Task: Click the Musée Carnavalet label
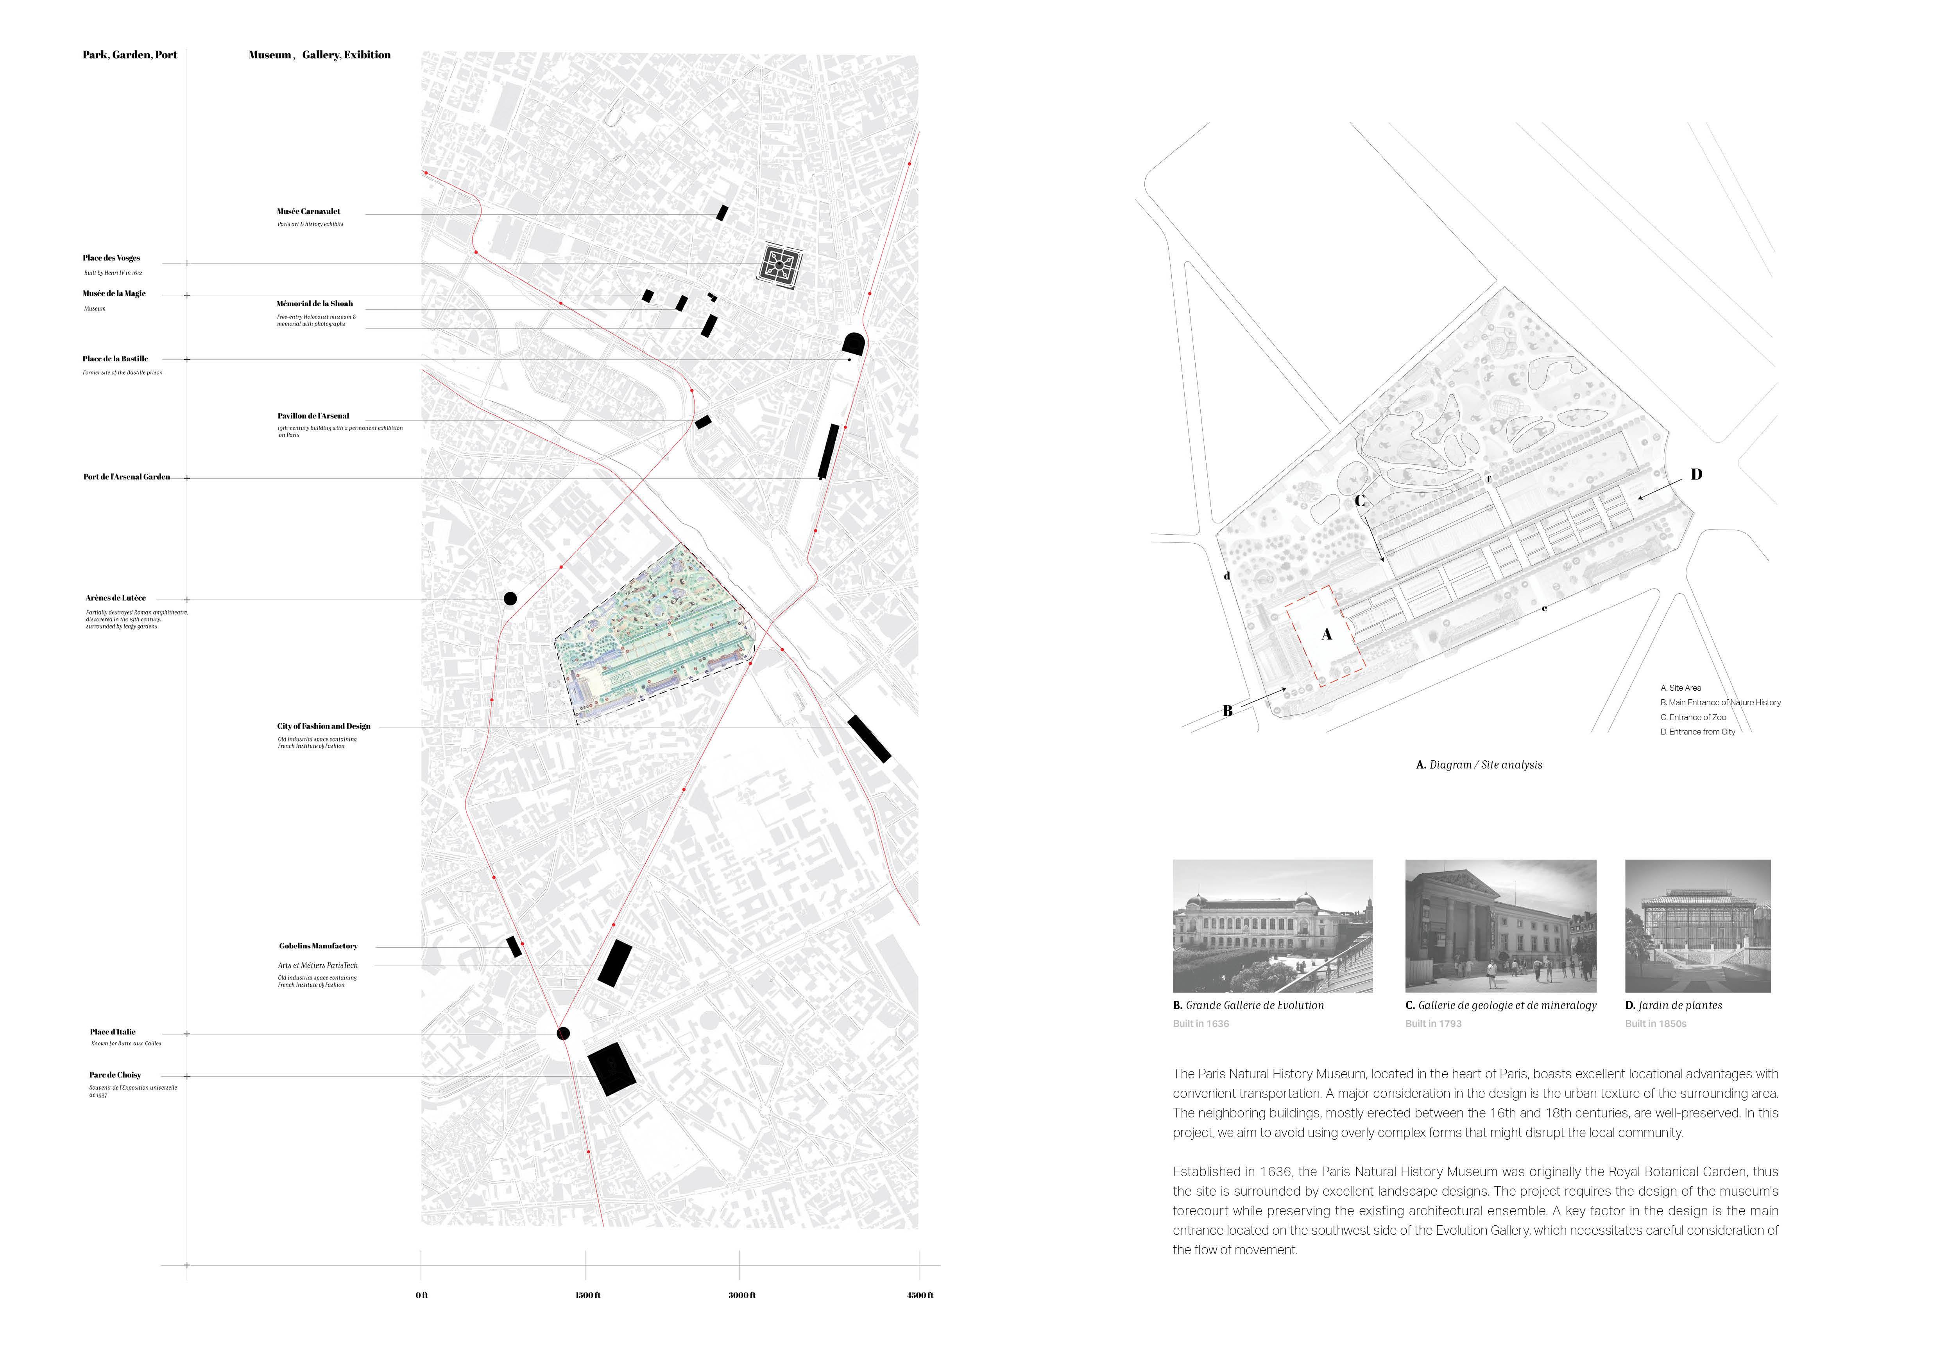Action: pyautogui.click(x=308, y=211)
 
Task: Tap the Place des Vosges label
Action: pyautogui.click(x=111, y=258)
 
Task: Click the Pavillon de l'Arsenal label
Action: pyautogui.click(x=312, y=416)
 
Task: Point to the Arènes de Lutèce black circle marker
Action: pyautogui.click(x=510, y=599)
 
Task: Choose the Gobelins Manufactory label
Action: pyautogui.click(x=319, y=946)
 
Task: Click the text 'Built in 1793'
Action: pyautogui.click(x=1433, y=1024)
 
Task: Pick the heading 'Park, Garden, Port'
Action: pyautogui.click(x=130, y=55)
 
